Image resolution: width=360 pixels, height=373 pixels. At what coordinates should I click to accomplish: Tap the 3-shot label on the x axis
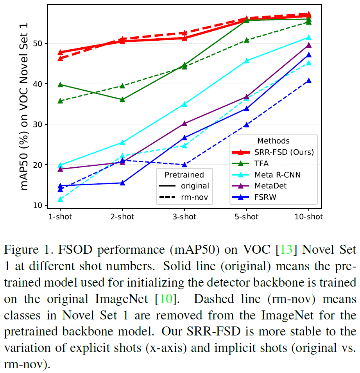tap(184, 217)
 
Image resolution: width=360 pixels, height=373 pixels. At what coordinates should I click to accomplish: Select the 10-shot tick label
tap(308, 217)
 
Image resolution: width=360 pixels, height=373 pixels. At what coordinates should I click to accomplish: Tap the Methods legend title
tap(273, 141)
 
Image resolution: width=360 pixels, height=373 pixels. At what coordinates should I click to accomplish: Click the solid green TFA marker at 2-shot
tap(122, 99)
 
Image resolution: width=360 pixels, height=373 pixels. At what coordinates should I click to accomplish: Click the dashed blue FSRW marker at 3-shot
tap(184, 165)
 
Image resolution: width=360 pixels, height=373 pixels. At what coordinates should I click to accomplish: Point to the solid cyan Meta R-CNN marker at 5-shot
tap(246, 61)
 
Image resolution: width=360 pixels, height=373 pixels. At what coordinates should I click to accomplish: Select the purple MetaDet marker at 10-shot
tap(308, 45)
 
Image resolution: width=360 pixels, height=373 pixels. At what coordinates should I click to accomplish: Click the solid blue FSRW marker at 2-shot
tap(122, 183)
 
